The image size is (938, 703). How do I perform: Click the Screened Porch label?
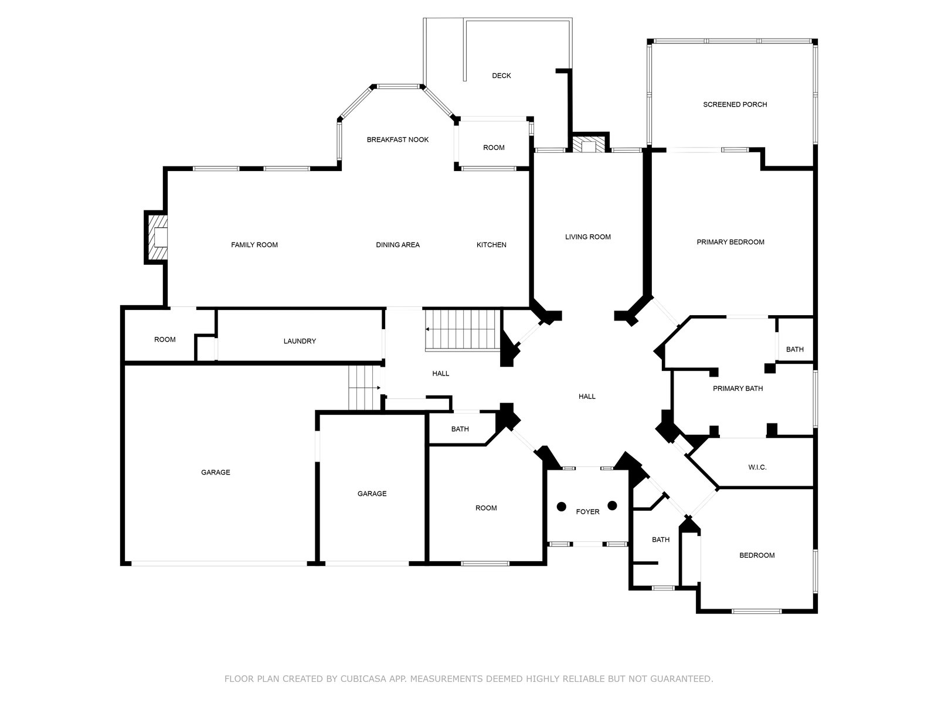pyautogui.click(x=735, y=105)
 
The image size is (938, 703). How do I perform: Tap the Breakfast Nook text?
pyautogui.click(x=397, y=139)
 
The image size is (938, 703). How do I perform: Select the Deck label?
pyautogui.click(x=501, y=76)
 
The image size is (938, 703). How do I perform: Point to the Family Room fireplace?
pyautogui.click(x=157, y=237)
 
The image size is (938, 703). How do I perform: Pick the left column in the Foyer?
pyautogui.click(x=562, y=506)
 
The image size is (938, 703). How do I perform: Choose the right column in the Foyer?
pyautogui.click(x=613, y=506)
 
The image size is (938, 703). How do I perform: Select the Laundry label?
pyautogui.click(x=300, y=341)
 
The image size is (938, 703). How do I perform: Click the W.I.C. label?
pyautogui.click(x=757, y=467)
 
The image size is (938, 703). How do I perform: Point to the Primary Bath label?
pyautogui.click(x=738, y=388)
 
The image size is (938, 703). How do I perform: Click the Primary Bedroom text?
pyautogui.click(x=730, y=242)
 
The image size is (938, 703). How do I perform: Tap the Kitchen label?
pyautogui.click(x=491, y=245)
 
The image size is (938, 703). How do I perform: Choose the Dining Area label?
pyautogui.click(x=397, y=245)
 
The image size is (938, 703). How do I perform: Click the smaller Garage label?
pyautogui.click(x=372, y=494)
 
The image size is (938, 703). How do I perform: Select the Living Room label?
pyautogui.click(x=587, y=237)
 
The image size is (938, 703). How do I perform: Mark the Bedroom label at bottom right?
pyautogui.click(x=757, y=555)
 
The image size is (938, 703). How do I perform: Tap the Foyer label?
pyautogui.click(x=587, y=512)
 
